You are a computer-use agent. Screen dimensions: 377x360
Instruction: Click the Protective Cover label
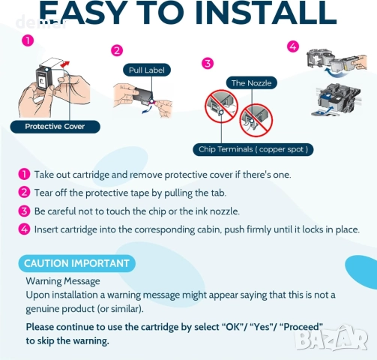click(55, 127)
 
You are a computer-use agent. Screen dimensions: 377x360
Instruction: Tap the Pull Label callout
click(147, 70)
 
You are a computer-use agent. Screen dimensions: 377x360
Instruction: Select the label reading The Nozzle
click(252, 82)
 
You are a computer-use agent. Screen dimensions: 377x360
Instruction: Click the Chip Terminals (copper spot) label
click(253, 149)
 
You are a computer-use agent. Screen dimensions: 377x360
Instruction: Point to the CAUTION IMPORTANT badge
click(77, 263)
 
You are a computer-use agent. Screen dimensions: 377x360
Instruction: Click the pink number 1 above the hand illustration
click(28, 40)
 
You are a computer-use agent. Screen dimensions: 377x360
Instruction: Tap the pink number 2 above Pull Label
click(117, 51)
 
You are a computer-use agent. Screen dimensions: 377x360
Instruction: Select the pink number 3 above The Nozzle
click(208, 63)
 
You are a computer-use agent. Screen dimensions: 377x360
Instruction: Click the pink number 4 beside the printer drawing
click(293, 46)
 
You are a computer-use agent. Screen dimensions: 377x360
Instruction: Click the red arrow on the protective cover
click(65, 64)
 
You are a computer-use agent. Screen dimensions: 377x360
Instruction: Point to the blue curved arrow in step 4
click(335, 73)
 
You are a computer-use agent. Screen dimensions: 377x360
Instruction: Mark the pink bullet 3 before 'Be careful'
click(24, 211)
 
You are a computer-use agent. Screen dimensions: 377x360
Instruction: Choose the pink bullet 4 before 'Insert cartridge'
click(24, 229)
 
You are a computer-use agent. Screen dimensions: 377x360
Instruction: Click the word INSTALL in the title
click(265, 13)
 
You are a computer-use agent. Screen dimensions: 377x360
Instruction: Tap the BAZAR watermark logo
click(332, 338)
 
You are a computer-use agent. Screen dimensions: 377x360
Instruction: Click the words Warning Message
click(63, 281)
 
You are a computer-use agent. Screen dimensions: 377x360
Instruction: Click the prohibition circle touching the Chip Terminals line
click(221, 106)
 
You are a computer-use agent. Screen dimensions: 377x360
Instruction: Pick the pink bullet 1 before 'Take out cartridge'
click(24, 174)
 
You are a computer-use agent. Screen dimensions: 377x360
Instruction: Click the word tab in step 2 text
click(218, 193)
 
